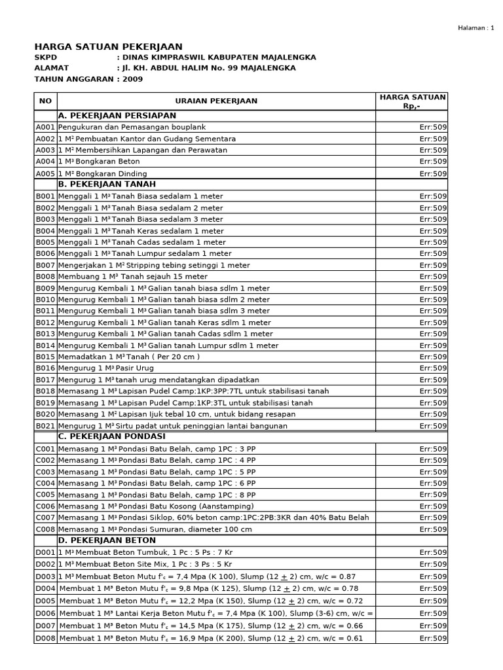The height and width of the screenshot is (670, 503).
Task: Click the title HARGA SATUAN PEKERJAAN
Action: pos(108,46)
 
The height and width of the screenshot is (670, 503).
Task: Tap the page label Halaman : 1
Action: pos(475,27)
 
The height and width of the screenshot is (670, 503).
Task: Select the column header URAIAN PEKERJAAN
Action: pos(216,101)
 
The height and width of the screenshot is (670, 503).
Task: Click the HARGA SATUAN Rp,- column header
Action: pos(413,101)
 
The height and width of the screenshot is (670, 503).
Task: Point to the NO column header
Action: pos(45,101)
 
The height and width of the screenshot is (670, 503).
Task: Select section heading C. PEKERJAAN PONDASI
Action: pos(111,436)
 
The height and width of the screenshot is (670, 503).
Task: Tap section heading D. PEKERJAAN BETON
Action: pos(107,540)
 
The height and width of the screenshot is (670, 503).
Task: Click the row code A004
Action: pos(45,162)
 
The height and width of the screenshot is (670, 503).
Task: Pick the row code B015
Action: pos(45,357)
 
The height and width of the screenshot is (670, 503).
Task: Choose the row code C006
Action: pos(45,506)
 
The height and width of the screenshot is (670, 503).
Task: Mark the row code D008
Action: pos(45,638)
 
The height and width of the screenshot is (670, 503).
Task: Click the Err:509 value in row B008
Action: pos(433,277)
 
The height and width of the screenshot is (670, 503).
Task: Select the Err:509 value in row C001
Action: pos(433,448)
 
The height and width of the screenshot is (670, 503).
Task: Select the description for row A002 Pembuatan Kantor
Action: pos(147,139)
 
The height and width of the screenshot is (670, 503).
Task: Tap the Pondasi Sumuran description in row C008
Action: pos(155,529)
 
